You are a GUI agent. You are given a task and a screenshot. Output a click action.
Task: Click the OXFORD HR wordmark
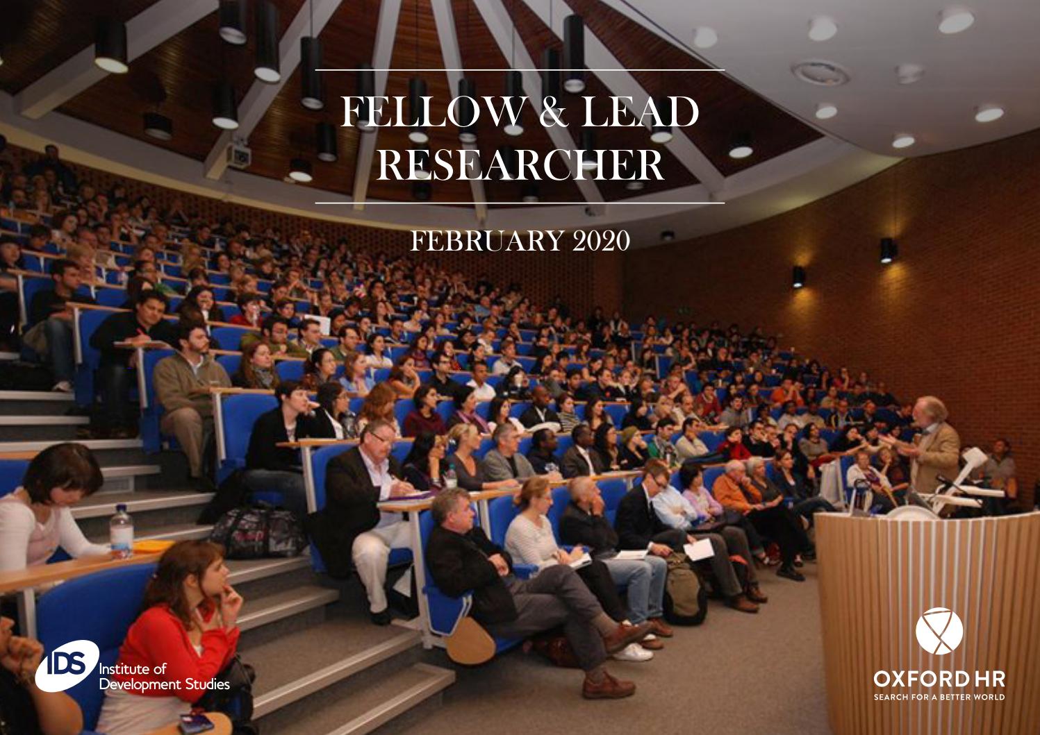tap(939, 676)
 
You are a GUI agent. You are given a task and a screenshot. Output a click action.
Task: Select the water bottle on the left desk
tap(121, 532)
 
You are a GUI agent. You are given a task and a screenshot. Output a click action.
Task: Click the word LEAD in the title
tap(639, 114)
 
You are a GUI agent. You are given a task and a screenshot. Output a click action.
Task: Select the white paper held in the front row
tap(699, 550)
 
